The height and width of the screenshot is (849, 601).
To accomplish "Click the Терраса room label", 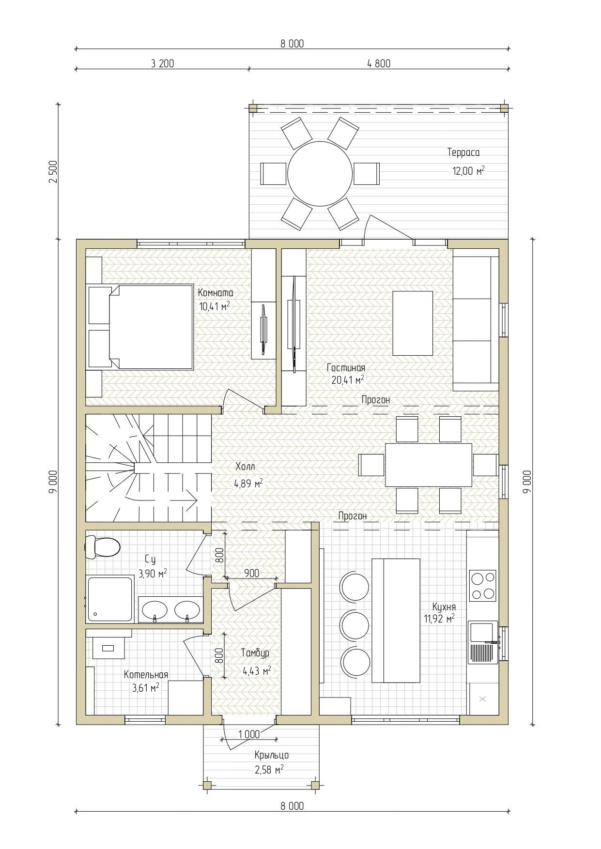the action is (463, 152).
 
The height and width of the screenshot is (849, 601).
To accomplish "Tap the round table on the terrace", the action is (320, 173).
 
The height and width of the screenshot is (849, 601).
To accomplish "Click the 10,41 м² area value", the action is (215, 306).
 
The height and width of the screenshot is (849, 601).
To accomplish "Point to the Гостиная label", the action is (346, 368).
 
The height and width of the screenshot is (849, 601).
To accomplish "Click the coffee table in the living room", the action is (413, 323).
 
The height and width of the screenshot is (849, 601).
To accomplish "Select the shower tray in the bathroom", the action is (110, 599).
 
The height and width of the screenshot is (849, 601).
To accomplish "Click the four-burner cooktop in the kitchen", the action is (482, 586).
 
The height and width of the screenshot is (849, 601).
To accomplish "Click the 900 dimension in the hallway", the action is (251, 573).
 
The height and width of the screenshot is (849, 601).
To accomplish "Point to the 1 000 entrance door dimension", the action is (249, 734).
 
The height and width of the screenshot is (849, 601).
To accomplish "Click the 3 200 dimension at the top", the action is (163, 63).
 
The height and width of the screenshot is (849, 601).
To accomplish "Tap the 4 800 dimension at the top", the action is (379, 63).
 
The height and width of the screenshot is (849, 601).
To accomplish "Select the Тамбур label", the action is (255, 653).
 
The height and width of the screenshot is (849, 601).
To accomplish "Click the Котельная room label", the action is (146, 675).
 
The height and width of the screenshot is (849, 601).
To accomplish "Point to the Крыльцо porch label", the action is (272, 755).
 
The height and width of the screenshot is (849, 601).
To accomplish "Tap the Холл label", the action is (245, 467).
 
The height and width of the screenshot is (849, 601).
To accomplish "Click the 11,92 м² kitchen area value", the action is (440, 618).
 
